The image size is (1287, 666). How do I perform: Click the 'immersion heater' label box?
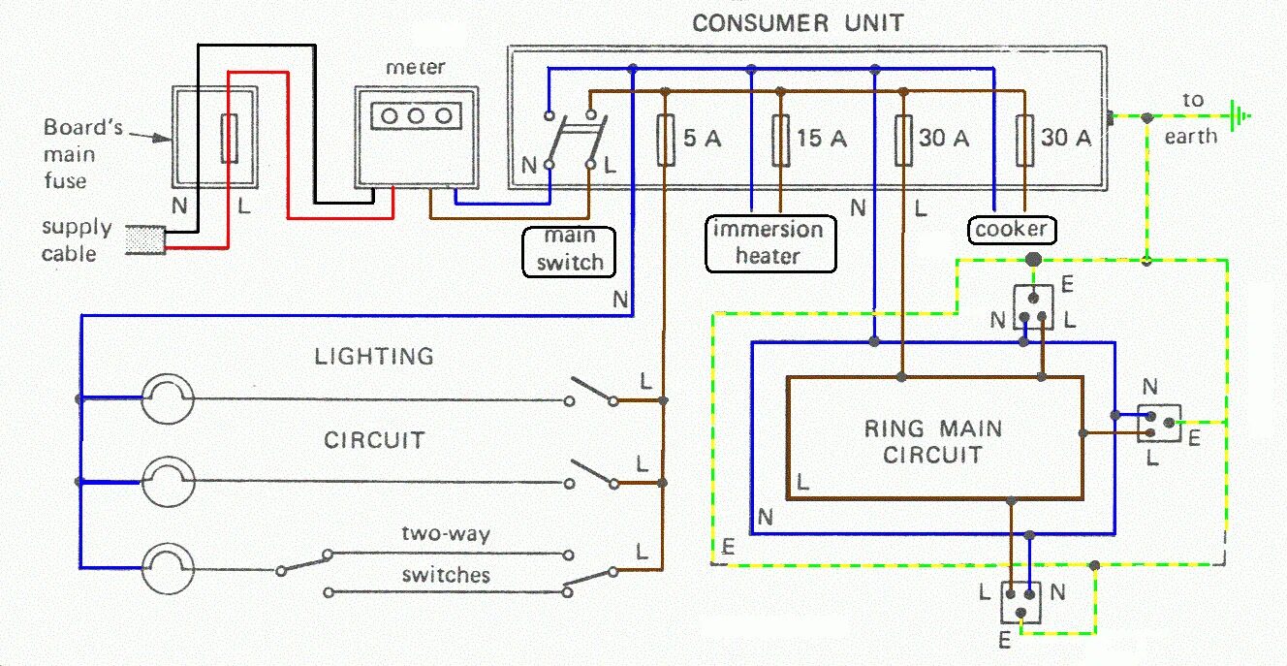(769, 242)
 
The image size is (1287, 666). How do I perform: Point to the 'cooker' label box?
(1012, 230)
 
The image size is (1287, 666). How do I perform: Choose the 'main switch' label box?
(570, 250)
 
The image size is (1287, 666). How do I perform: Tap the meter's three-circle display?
(416, 115)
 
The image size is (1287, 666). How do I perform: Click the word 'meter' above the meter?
(416, 68)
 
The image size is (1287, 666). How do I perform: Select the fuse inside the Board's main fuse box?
(230, 139)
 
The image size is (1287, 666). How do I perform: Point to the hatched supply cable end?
(144, 241)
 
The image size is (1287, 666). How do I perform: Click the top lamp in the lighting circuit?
(168, 398)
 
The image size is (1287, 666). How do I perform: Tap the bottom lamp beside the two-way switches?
(168, 567)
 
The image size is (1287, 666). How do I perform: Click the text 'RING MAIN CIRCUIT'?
(932, 441)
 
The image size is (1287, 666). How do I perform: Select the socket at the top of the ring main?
(1033, 306)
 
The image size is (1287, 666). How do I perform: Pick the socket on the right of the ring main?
(1159, 423)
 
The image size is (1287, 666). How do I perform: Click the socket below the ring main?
(1021, 603)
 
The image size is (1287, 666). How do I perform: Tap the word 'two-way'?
(446, 534)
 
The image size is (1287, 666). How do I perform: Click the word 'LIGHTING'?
(374, 357)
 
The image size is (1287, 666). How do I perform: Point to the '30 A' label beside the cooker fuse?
(1066, 139)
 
